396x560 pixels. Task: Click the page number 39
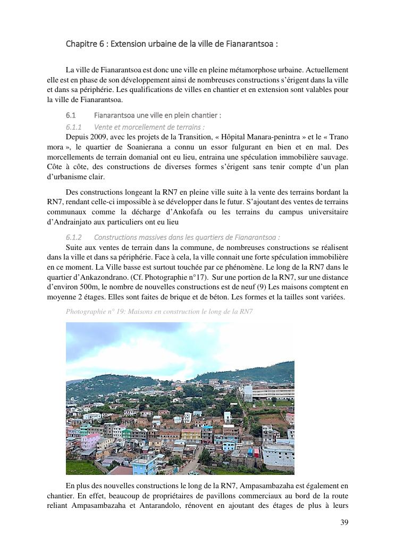[x=344, y=522]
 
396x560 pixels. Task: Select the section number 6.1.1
[x=73, y=127]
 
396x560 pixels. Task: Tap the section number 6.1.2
[x=73, y=237]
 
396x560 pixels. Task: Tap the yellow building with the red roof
[x=191, y=434]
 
